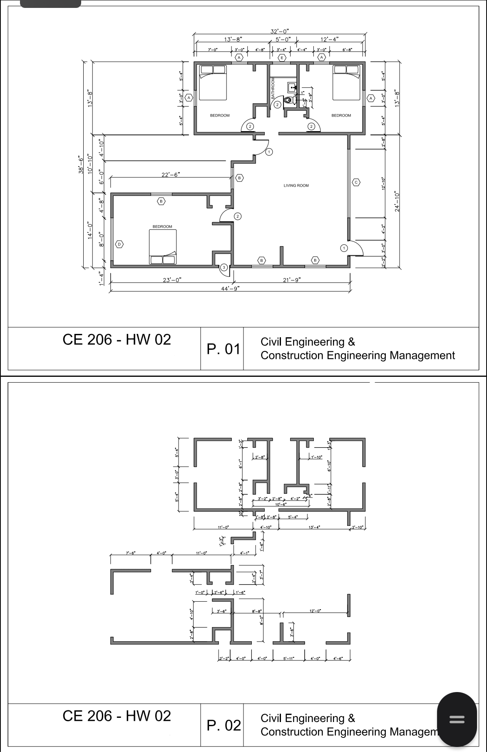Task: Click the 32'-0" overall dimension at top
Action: (x=279, y=31)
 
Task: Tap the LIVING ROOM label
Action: (x=296, y=186)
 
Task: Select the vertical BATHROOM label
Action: (x=273, y=88)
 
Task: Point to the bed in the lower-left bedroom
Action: (x=163, y=247)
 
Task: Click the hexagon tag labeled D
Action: (x=119, y=244)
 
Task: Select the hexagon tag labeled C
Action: (x=356, y=182)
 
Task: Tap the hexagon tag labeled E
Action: (x=282, y=57)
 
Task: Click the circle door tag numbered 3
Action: (x=224, y=267)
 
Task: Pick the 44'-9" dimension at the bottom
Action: (x=230, y=288)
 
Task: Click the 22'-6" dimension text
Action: (x=171, y=175)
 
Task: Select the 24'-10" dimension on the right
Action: (x=397, y=202)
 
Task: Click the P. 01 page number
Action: (x=224, y=349)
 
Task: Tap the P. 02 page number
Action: (x=224, y=725)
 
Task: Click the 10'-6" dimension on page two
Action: (x=281, y=504)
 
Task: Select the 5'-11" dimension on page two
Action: (x=288, y=659)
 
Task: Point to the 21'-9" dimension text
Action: (x=292, y=280)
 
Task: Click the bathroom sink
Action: (x=292, y=87)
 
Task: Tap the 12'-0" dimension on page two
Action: (x=315, y=611)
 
